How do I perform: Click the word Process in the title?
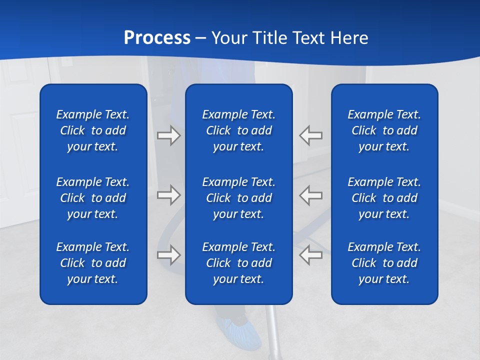click(157, 38)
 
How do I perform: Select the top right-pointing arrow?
click(168, 135)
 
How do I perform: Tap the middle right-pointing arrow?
click(168, 195)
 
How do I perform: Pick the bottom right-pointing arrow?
click(168, 255)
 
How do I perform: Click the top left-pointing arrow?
click(310, 135)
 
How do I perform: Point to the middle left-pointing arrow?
click(310, 195)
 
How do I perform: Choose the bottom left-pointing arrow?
click(310, 255)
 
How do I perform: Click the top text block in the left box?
click(93, 130)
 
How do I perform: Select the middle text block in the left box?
click(93, 198)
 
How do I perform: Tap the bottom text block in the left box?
click(93, 263)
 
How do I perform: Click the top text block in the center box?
click(238, 130)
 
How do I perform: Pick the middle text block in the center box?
click(238, 198)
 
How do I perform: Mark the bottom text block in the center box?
click(238, 263)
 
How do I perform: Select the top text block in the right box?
click(384, 130)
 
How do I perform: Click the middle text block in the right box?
click(384, 198)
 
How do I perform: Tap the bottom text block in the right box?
click(384, 263)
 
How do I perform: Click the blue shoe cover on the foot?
click(240, 332)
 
